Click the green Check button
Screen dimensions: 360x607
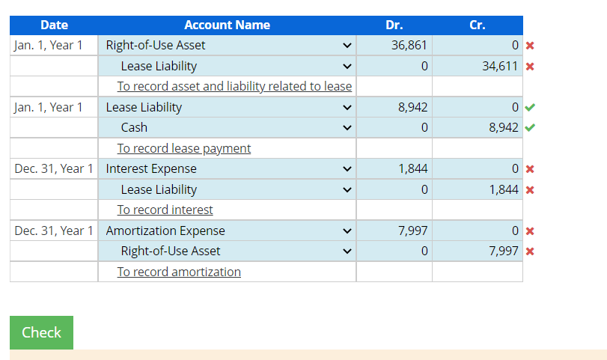[x=41, y=332]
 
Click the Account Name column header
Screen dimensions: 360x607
[x=227, y=25]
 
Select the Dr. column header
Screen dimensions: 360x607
[x=394, y=25]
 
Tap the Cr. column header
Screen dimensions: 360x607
[x=477, y=25]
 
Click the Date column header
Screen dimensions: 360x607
[x=54, y=25]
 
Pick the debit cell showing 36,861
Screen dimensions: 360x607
[x=394, y=46]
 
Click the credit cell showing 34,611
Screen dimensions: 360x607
[x=477, y=66]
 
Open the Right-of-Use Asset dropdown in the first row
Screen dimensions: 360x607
[x=228, y=46]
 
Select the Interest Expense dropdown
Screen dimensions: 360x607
[x=228, y=169]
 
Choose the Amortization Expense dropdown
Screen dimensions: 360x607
[x=228, y=231]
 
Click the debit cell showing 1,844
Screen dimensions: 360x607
[x=394, y=169]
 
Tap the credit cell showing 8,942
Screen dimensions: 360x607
[x=477, y=128]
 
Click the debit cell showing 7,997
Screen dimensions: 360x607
[x=394, y=231]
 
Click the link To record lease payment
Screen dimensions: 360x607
[x=184, y=148]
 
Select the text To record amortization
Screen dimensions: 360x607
[x=179, y=272]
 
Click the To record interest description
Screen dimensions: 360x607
[x=165, y=210]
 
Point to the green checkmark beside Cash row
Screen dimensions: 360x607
[x=531, y=128]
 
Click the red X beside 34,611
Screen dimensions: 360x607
[x=530, y=67]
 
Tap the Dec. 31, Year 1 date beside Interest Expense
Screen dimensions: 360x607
[x=54, y=169]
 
